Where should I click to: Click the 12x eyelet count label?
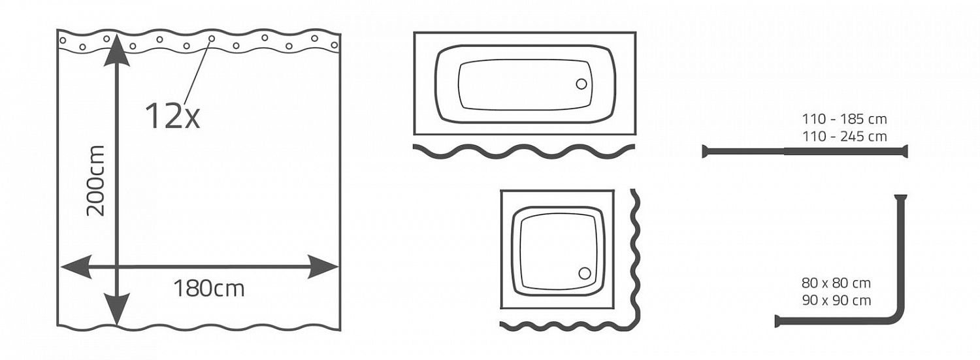(172, 116)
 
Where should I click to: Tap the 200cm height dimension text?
(96, 181)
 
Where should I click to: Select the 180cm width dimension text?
(209, 289)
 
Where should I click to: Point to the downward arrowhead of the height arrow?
(117, 310)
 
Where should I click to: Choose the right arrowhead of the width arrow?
(323, 267)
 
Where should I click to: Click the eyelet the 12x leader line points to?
(212, 39)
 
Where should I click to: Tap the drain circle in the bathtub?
(581, 84)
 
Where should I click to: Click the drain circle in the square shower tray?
(585, 273)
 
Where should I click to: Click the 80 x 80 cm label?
(836, 283)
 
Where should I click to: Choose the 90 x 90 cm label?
(836, 301)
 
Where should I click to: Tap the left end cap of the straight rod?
(704, 152)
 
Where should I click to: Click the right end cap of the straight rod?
(905, 152)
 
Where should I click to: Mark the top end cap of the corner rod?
(901, 197)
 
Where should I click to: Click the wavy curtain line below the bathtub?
(524, 152)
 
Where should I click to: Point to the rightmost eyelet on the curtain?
(335, 44)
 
